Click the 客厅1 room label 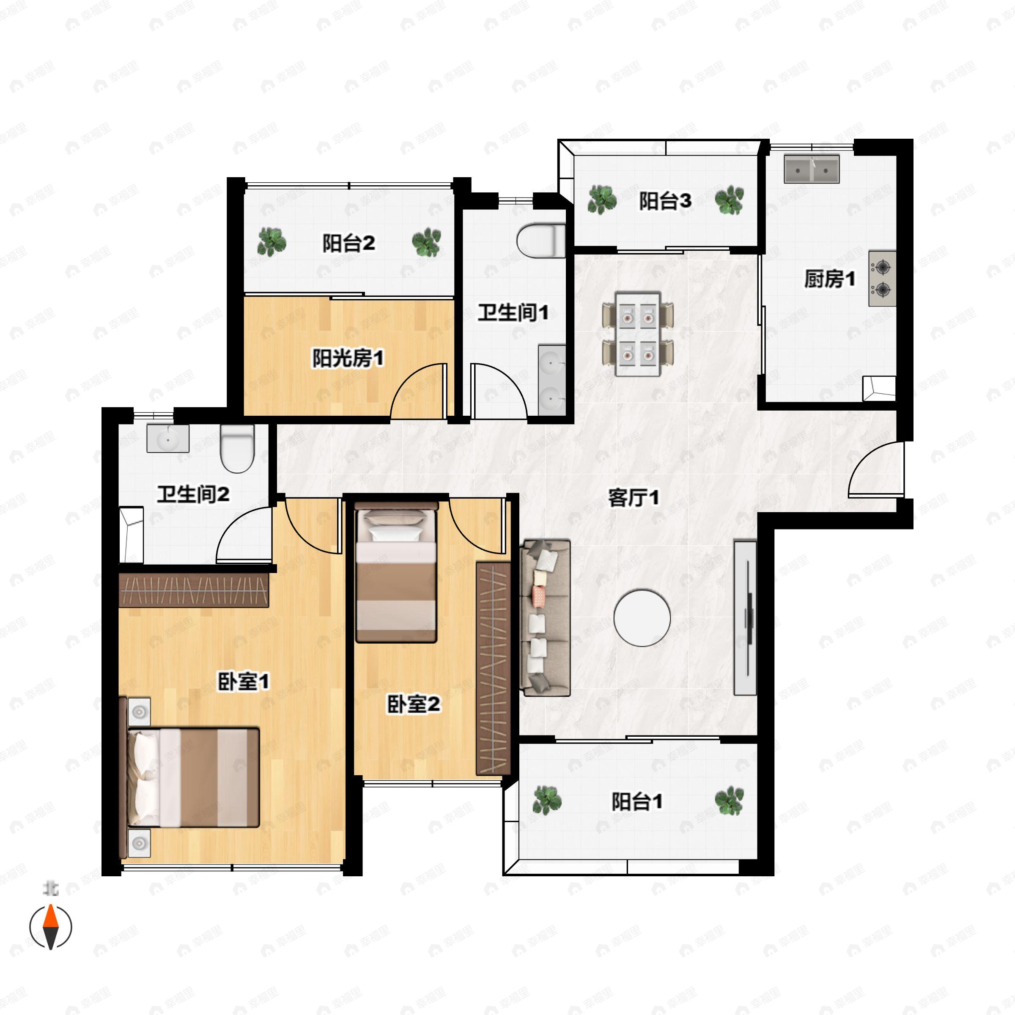click(633, 497)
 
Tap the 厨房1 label click(829, 279)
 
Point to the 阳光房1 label click(348, 358)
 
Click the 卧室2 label click(414, 705)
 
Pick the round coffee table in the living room click(642, 617)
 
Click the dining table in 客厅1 click(638, 334)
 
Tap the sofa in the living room click(545, 618)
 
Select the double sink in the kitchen click(811, 169)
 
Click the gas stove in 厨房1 click(882, 278)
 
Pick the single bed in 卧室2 click(396, 572)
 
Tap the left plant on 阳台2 click(272, 242)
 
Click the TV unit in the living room click(745, 618)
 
